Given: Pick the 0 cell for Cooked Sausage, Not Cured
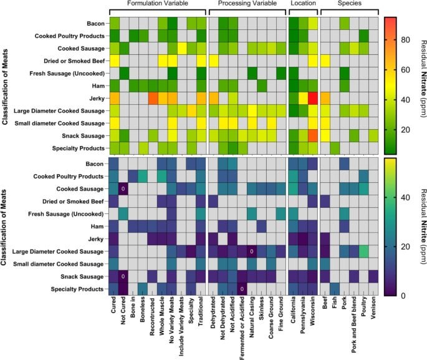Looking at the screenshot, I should point(123,188).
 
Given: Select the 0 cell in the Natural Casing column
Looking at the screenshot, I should point(251,251).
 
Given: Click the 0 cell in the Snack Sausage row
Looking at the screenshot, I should point(123,276).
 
